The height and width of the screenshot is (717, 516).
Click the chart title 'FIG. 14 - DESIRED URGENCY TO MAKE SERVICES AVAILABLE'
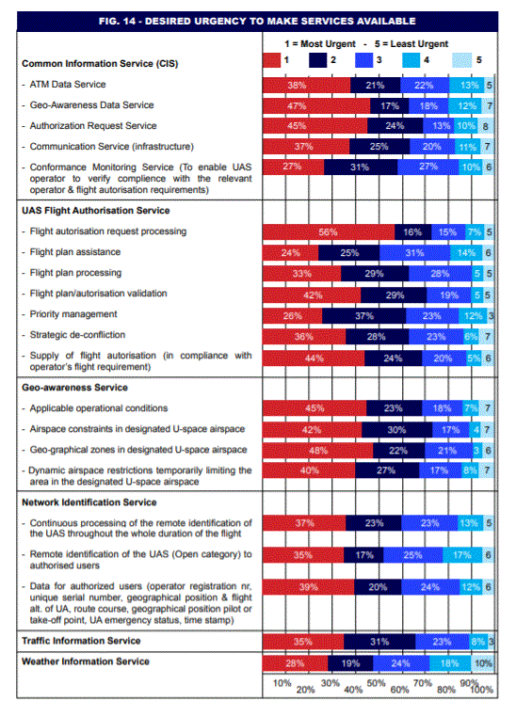point(257,21)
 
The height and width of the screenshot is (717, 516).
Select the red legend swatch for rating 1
point(271,60)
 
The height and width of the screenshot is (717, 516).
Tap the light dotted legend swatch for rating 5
point(461,60)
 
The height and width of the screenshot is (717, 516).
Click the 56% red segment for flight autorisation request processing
point(329,231)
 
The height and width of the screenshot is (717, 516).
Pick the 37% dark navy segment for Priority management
point(364,316)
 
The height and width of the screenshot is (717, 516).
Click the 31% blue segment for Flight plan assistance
point(415,253)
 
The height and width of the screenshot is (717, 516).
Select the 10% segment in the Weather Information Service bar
point(483,663)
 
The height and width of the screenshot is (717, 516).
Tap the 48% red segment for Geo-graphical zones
point(318,451)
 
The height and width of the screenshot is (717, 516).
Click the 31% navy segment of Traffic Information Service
point(379,642)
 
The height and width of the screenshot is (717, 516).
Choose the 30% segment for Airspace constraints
point(397,430)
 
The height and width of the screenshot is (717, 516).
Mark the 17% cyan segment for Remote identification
point(462,555)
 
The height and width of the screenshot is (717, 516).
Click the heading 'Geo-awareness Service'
point(75,388)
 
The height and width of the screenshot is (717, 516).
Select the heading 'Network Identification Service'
point(89,502)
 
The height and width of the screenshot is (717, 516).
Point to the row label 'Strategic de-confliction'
point(77,335)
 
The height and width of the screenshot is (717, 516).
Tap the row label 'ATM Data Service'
point(68,84)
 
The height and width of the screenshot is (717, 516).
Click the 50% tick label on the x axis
point(376,683)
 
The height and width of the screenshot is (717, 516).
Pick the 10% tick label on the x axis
point(282,683)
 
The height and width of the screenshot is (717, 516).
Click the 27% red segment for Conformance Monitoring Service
point(293,167)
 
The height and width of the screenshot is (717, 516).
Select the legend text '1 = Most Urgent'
point(320,44)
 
